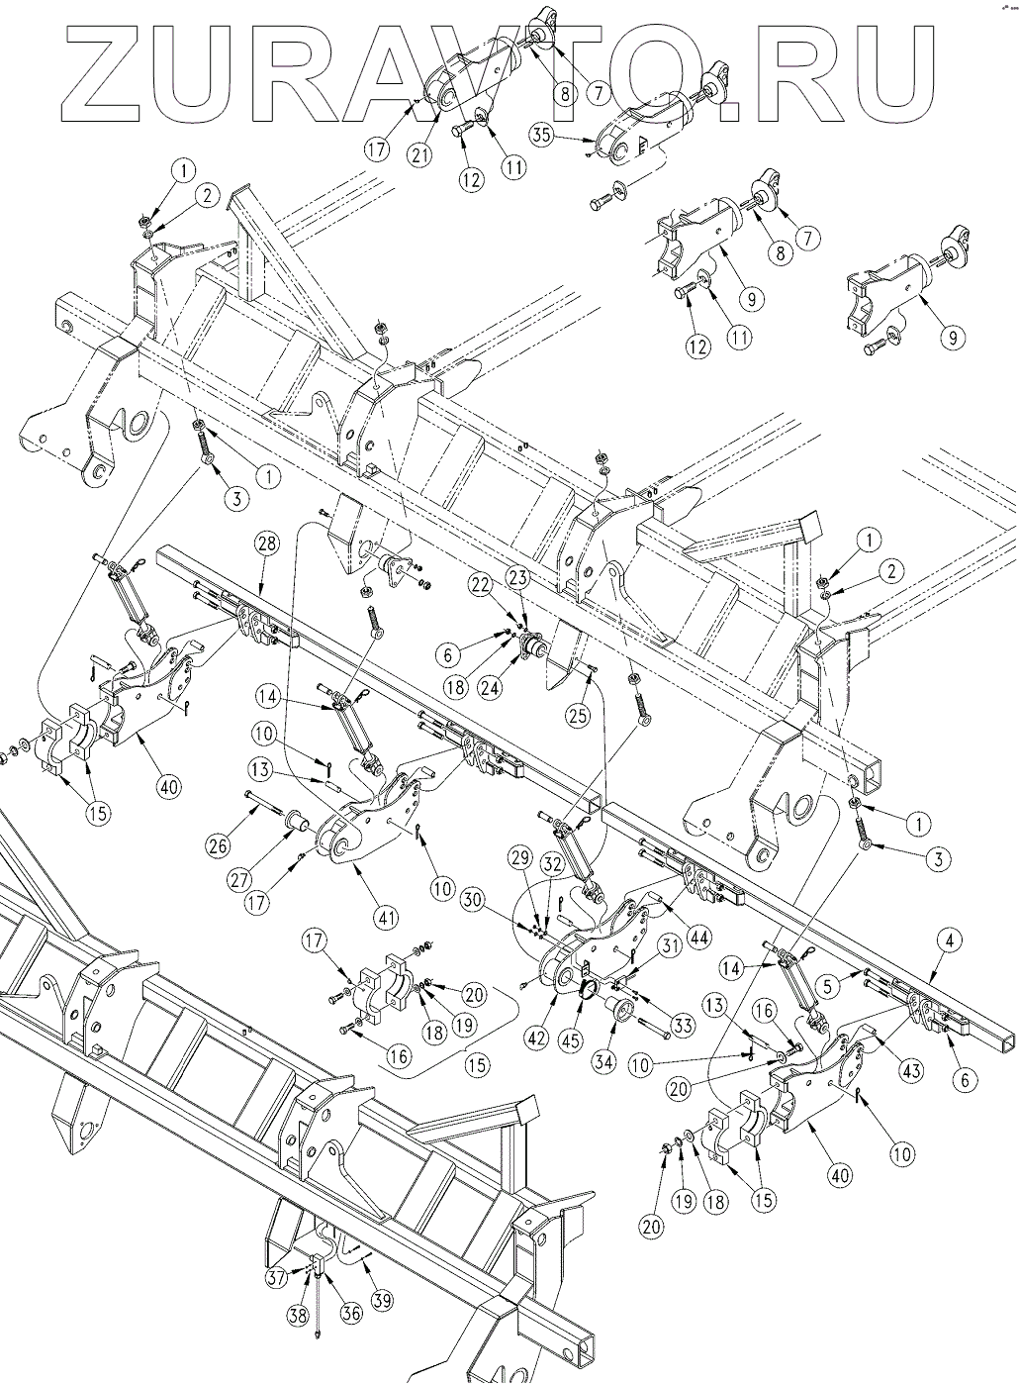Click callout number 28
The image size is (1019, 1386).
[266, 544]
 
